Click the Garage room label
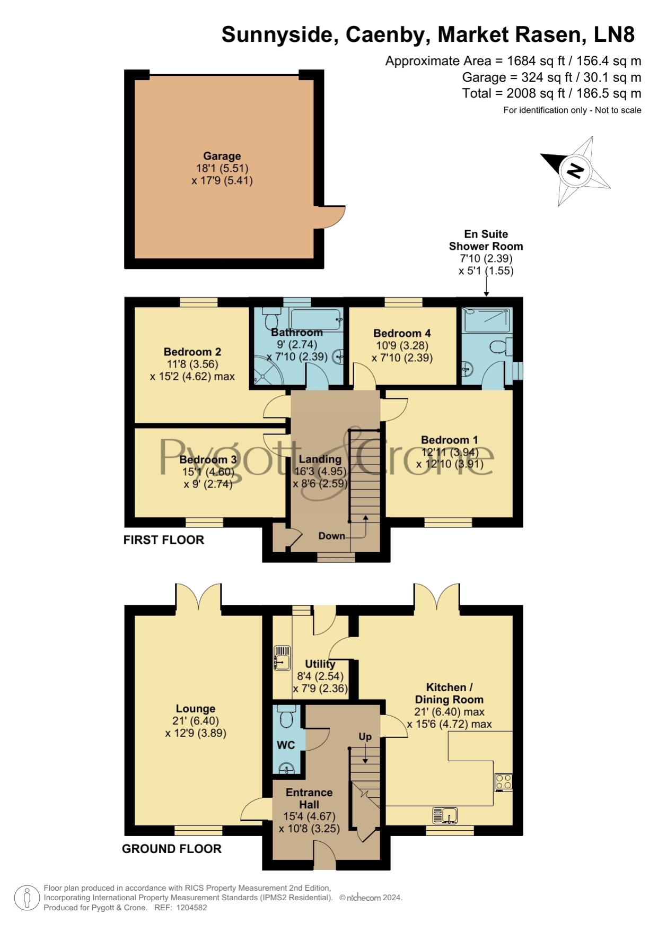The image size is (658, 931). pyautogui.click(x=222, y=156)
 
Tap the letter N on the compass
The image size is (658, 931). pyautogui.click(x=575, y=170)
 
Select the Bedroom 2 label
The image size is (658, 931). pyautogui.click(x=192, y=352)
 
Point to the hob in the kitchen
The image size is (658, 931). pyautogui.click(x=504, y=782)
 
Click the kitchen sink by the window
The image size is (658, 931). pyautogui.click(x=445, y=815)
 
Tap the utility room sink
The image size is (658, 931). pyautogui.click(x=282, y=658)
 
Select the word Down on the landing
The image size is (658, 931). pyautogui.click(x=332, y=536)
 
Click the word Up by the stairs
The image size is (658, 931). pyautogui.click(x=365, y=737)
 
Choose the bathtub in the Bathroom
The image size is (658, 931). pyautogui.click(x=317, y=320)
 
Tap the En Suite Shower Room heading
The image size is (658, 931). pyautogui.click(x=486, y=240)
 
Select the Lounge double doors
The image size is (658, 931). pyautogui.click(x=198, y=597)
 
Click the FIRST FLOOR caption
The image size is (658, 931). pyautogui.click(x=164, y=540)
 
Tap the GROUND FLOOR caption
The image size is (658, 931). pyautogui.click(x=172, y=849)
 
